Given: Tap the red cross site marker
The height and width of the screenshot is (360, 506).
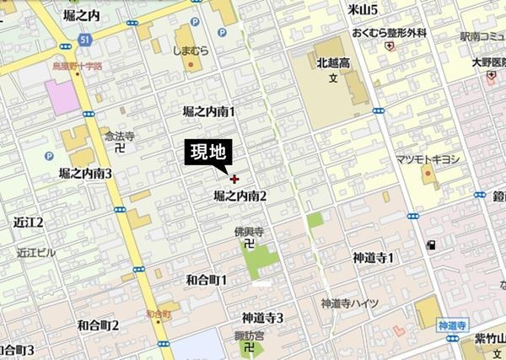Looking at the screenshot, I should (x=234, y=178).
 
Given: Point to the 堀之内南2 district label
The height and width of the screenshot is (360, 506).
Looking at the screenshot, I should (x=240, y=196).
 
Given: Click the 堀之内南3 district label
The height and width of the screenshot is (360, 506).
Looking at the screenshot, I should (x=85, y=173).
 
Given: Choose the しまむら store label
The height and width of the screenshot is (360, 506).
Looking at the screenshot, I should (x=191, y=51).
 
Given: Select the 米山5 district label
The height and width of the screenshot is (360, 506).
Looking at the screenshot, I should (x=362, y=9).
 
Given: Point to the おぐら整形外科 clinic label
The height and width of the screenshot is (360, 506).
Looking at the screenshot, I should (x=387, y=33).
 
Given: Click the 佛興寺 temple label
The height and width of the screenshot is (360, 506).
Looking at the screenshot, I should (x=249, y=230).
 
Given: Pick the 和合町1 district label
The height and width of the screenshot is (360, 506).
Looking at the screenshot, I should (x=206, y=278).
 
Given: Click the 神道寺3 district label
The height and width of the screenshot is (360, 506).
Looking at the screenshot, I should (x=262, y=317).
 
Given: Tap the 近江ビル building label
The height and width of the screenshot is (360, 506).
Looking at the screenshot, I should (x=35, y=252).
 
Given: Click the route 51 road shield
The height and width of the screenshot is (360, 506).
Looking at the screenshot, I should (x=85, y=39).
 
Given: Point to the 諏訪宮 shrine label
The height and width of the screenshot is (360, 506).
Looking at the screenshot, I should (x=249, y=336).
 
